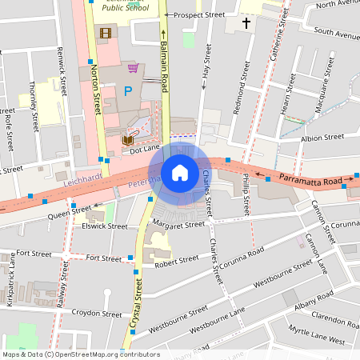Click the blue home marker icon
180,173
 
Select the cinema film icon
105,33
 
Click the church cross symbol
247,24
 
